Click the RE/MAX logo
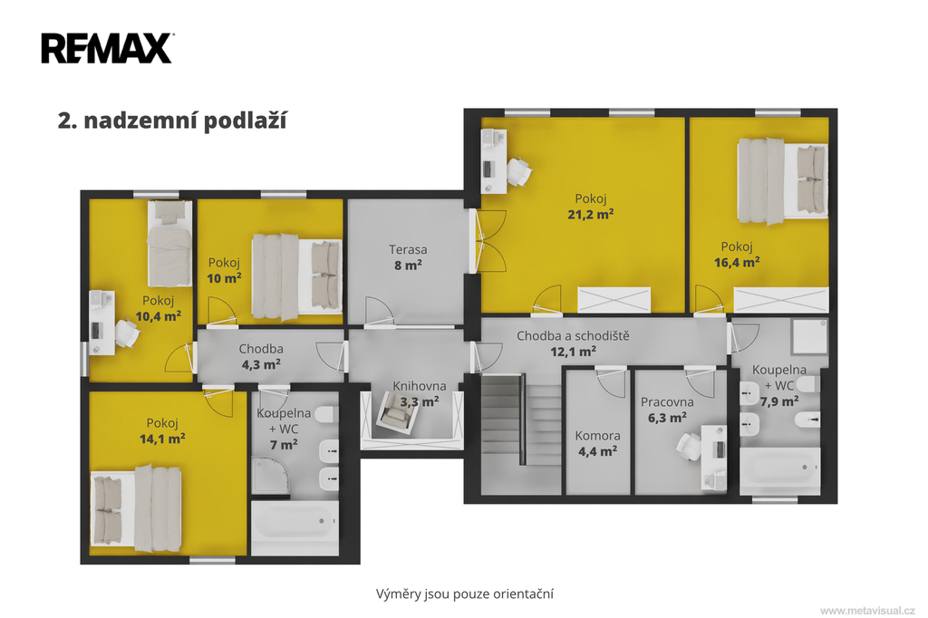click(x=108, y=48)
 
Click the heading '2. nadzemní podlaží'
click(x=172, y=121)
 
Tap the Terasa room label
click(x=408, y=249)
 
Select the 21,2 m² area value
click(x=590, y=214)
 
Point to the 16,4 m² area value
click(x=737, y=262)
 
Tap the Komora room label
click(x=598, y=436)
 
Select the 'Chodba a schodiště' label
click(x=573, y=335)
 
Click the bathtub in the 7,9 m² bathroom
click(x=780, y=470)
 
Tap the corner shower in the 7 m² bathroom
click(x=271, y=475)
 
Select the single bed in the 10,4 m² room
click(x=169, y=243)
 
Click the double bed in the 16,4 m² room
click(x=782, y=181)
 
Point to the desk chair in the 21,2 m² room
click(x=518, y=171)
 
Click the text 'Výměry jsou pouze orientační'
click(x=465, y=594)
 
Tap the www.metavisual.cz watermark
click(x=867, y=611)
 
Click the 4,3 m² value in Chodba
click(x=261, y=364)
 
